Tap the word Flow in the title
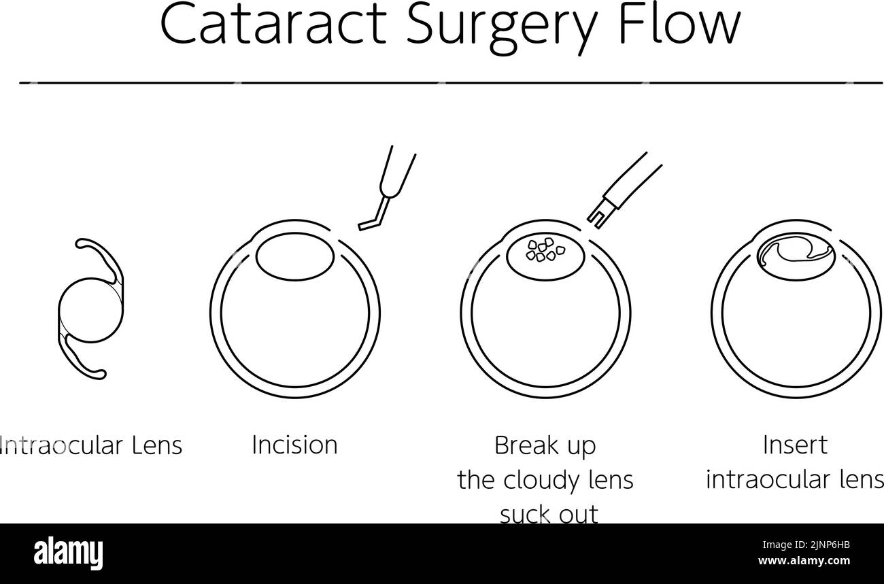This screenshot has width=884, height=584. pyautogui.click(x=679, y=24)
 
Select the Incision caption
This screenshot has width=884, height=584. pyautogui.click(x=295, y=445)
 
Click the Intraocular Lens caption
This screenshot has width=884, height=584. pyautogui.click(x=90, y=445)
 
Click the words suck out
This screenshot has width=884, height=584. pyautogui.click(x=549, y=514)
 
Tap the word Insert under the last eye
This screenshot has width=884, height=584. pyautogui.click(x=795, y=445)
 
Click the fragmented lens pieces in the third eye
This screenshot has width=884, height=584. pyautogui.click(x=545, y=250)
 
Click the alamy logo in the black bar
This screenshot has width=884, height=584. pyautogui.click(x=68, y=553)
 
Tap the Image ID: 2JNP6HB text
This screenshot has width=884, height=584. pyautogui.click(x=806, y=545)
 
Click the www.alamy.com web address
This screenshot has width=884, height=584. pyautogui.click(x=804, y=561)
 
